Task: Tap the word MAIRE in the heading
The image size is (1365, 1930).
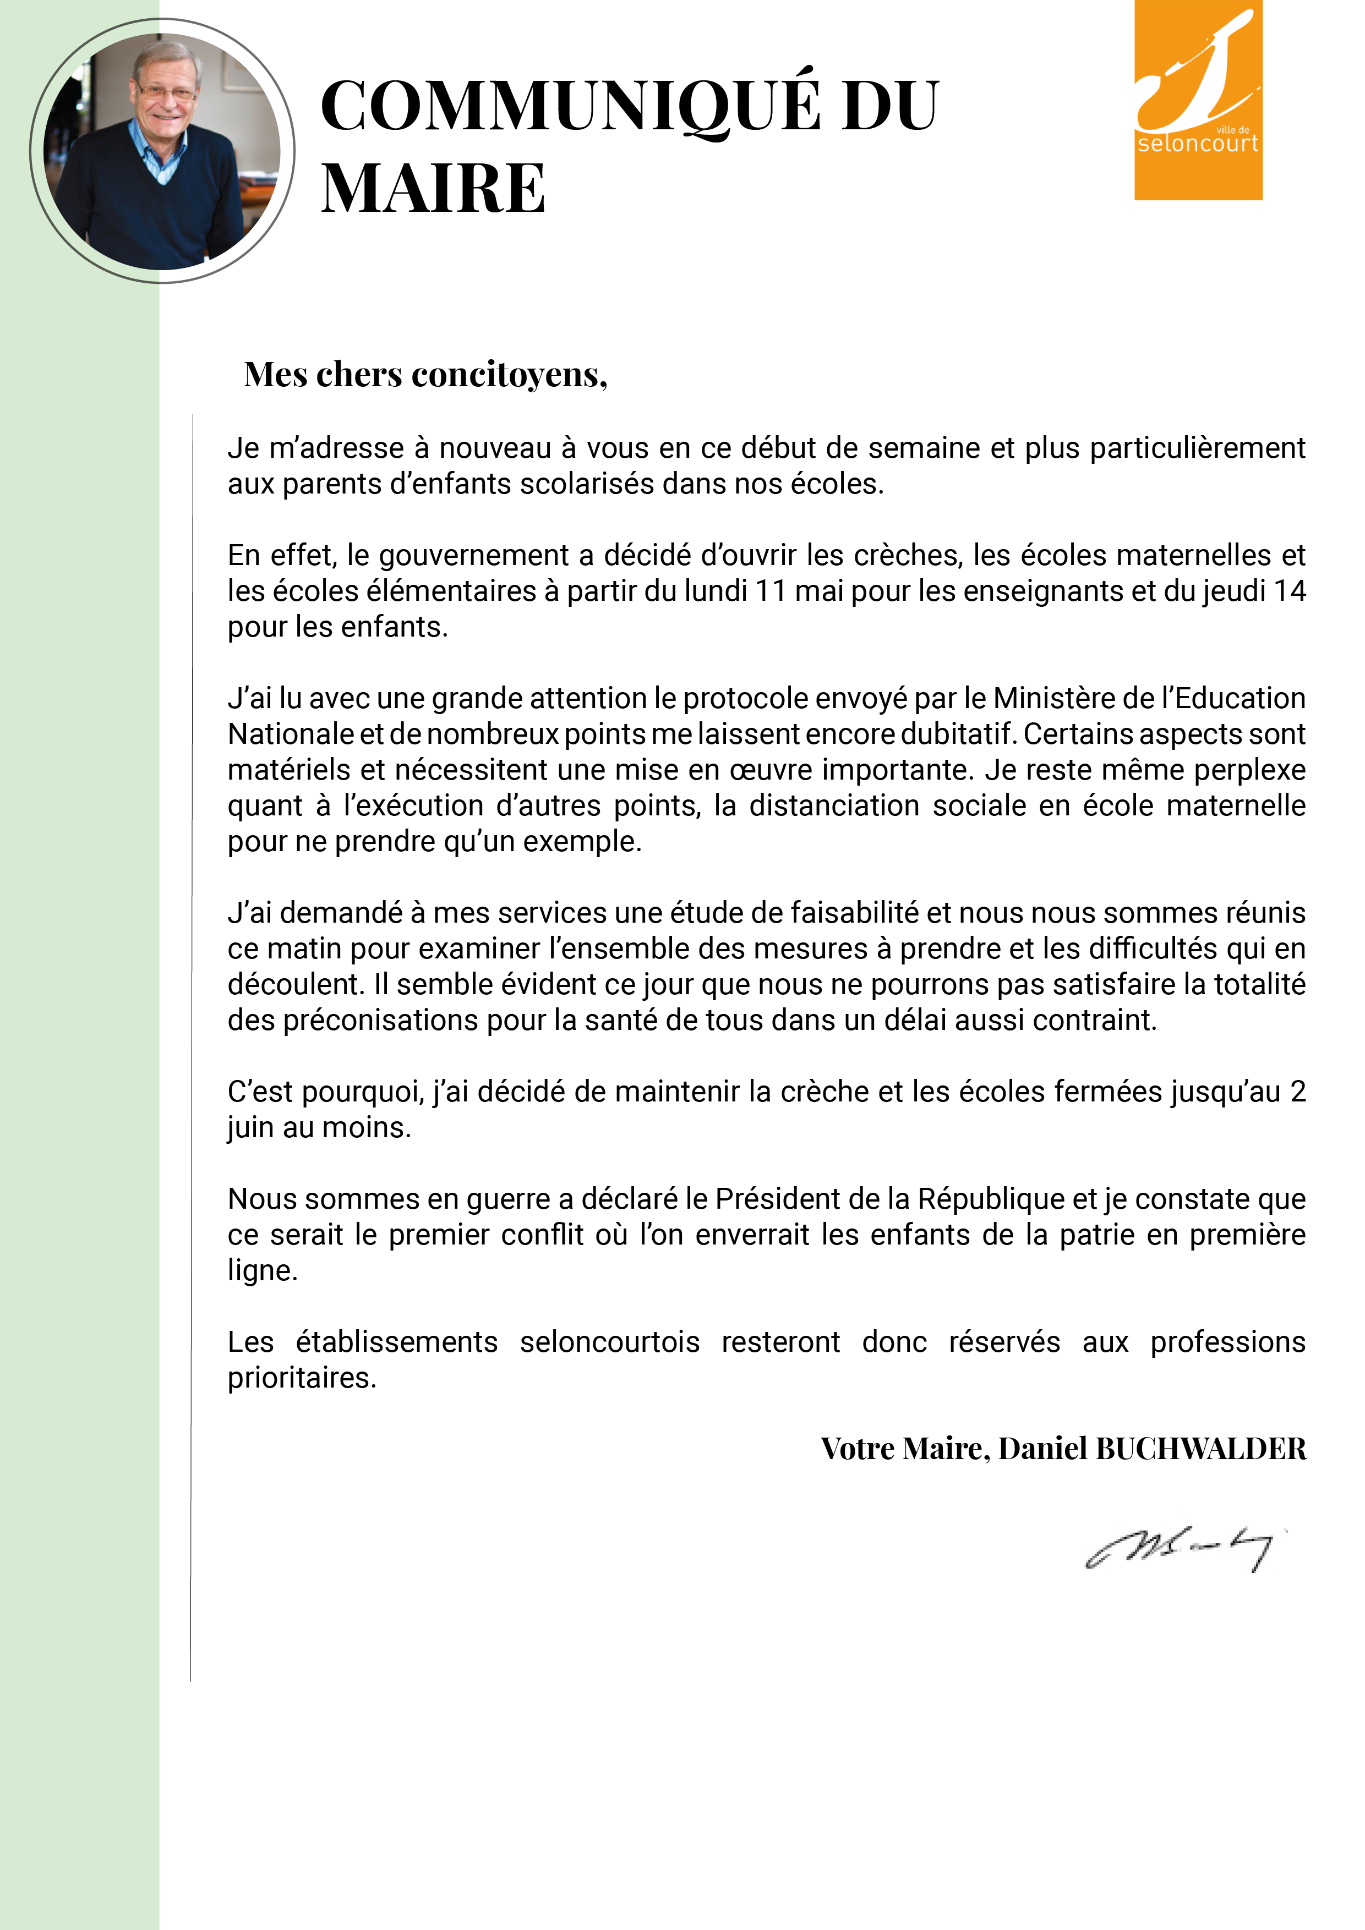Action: (x=433, y=188)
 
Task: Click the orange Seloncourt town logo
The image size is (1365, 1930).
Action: (x=1198, y=100)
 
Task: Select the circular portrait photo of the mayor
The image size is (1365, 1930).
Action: (x=162, y=151)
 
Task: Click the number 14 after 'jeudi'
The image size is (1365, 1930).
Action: (x=1288, y=591)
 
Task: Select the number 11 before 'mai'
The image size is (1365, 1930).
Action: (x=769, y=591)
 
